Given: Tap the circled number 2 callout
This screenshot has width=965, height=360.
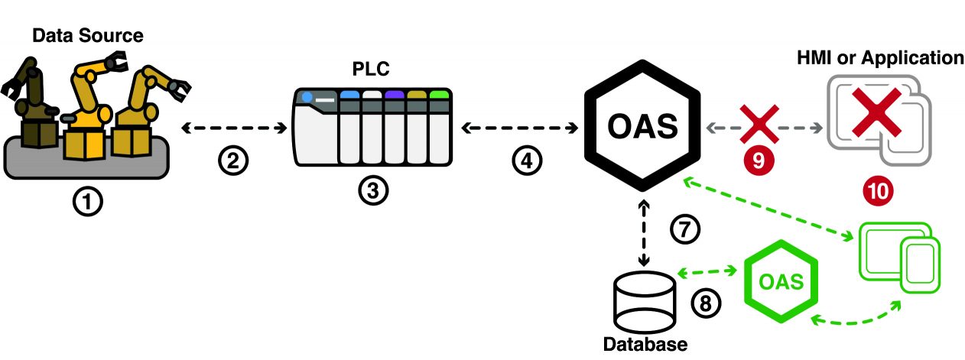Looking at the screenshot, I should pyautogui.click(x=232, y=160).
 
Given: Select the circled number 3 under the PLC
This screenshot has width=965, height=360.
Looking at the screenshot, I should pyautogui.click(x=372, y=189).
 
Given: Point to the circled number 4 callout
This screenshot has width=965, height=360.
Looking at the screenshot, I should pyautogui.click(x=526, y=160).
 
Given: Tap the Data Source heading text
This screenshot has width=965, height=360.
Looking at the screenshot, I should pyautogui.click(x=88, y=35).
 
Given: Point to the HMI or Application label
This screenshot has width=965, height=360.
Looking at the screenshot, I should pyautogui.click(x=879, y=57).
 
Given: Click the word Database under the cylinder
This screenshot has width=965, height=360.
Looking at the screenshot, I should pyautogui.click(x=645, y=345).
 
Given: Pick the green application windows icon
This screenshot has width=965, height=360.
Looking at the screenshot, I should pyautogui.click(x=899, y=255).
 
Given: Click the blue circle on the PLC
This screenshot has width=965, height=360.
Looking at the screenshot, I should pyautogui.click(x=307, y=98).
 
